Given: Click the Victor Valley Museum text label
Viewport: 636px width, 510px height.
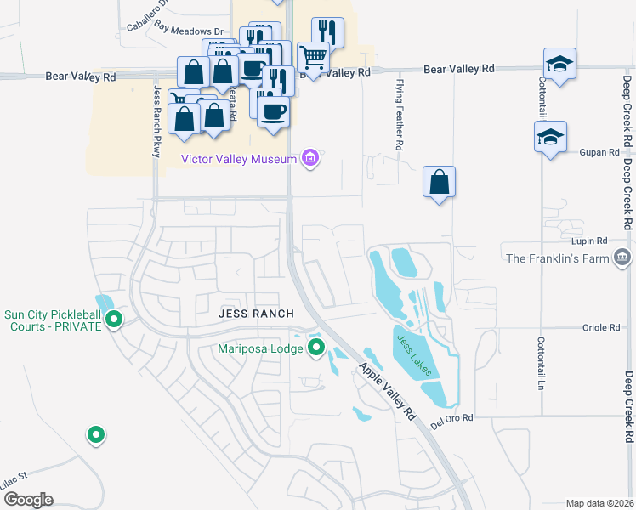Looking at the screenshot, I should pyautogui.click(x=238, y=159).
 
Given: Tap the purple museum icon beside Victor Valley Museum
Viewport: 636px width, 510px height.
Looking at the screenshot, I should pyautogui.click(x=310, y=159).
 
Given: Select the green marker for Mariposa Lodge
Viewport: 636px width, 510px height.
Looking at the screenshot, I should pyautogui.click(x=317, y=347).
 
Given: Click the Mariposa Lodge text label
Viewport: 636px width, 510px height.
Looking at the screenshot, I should pyautogui.click(x=259, y=347).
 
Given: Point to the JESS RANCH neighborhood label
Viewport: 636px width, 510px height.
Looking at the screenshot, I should pyautogui.click(x=256, y=314).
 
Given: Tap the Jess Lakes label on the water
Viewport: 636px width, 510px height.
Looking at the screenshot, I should pyautogui.click(x=413, y=354).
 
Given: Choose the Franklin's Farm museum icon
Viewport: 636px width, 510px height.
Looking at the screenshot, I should pyautogui.click(x=622, y=258).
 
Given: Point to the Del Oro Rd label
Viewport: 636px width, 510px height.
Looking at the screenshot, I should pyautogui.click(x=451, y=418).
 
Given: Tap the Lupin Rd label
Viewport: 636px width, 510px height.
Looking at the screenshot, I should pyautogui.click(x=590, y=241).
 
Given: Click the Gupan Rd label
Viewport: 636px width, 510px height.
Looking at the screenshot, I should pyautogui.click(x=601, y=153).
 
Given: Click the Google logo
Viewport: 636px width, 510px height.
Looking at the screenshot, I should pyautogui.click(x=27, y=500).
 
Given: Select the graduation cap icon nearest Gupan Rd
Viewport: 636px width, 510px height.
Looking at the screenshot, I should pyautogui.click(x=550, y=137).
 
